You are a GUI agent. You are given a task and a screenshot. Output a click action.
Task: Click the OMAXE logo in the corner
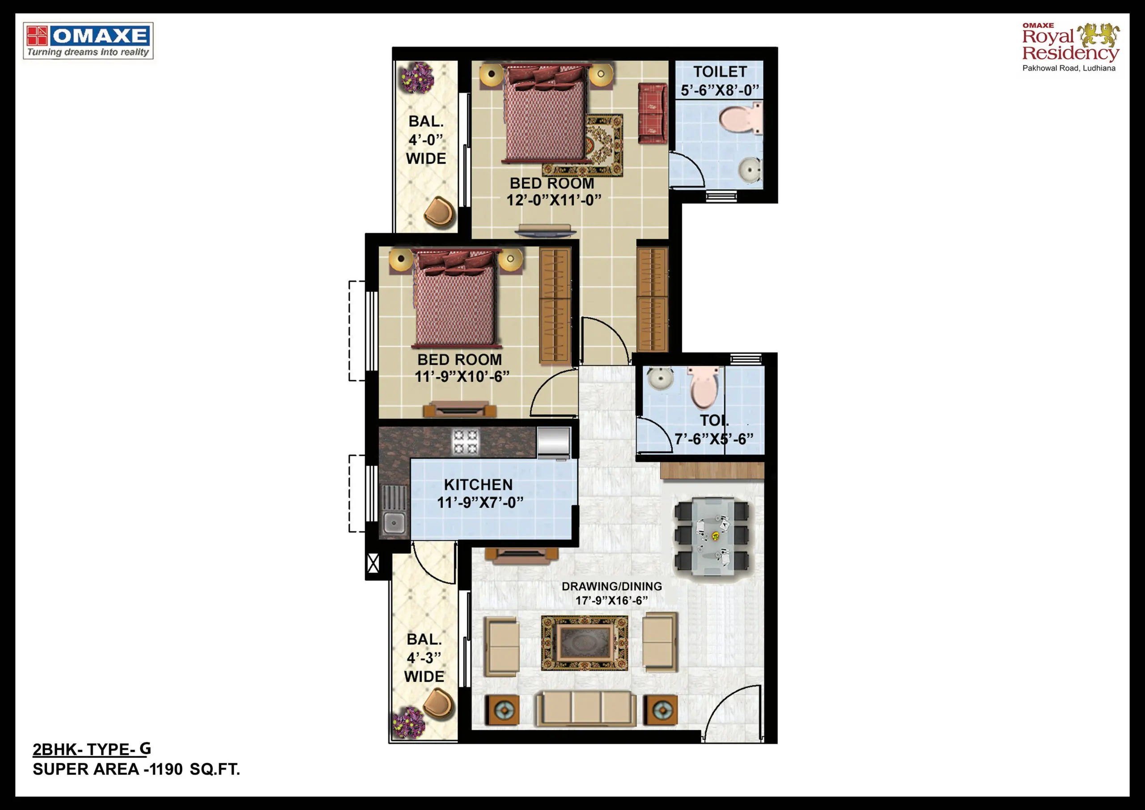pos(88,41)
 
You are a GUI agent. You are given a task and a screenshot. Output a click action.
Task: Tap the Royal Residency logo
pos(1071,47)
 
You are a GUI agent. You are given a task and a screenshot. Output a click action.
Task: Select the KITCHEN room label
pos(478,485)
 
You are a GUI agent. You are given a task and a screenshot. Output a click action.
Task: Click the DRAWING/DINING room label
pos(612,586)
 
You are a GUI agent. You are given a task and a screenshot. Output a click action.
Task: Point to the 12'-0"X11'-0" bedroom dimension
pos(554,200)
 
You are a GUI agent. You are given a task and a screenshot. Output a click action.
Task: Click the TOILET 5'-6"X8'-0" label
pos(720,81)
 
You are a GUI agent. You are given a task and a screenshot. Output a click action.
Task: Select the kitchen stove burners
pos(465,442)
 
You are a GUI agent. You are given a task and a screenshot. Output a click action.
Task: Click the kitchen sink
pos(394,511)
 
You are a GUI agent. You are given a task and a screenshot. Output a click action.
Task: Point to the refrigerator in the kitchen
pos(554,442)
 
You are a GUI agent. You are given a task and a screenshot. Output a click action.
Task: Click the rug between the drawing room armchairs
pos(585,643)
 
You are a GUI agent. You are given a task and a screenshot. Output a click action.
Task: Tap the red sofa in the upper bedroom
pos(652,113)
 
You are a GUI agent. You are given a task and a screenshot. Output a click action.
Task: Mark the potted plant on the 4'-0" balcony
pos(417,78)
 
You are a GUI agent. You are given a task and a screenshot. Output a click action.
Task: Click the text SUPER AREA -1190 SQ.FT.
pos(136,770)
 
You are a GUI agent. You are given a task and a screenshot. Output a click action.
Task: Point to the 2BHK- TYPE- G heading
pos(92,749)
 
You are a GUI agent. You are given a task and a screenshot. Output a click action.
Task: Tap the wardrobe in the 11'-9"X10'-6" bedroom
pos(555,304)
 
